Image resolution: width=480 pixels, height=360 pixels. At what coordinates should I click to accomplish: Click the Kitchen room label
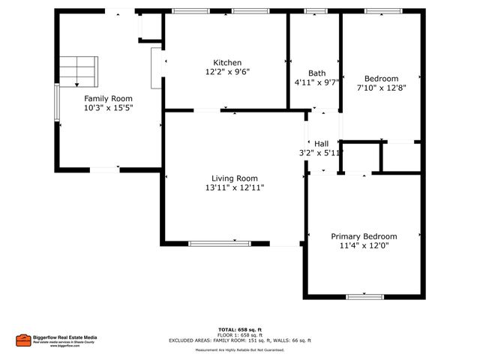tap(226, 62)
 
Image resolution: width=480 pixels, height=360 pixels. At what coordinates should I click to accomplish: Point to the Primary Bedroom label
tap(364, 235)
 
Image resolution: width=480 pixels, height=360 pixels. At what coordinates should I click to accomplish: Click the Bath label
tap(316, 73)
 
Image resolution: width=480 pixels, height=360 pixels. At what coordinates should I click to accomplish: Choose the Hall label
tap(322, 143)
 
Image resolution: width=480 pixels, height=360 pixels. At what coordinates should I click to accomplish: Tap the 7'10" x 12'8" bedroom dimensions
tap(381, 88)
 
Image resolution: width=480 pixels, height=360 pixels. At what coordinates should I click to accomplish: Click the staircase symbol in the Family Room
tap(79, 71)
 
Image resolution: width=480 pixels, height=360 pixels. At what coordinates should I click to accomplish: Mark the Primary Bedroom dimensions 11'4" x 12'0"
tap(364, 245)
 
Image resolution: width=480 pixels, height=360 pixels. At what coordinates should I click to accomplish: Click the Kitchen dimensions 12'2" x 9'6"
tap(226, 72)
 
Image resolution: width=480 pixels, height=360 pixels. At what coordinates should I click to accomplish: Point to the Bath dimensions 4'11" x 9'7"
tap(317, 82)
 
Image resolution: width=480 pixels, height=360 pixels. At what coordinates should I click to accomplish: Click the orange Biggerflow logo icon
tap(23, 340)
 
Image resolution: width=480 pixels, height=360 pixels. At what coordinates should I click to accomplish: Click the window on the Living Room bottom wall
tap(220, 243)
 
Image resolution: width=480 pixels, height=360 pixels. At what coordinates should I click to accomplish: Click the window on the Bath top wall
tap(316, 11)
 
